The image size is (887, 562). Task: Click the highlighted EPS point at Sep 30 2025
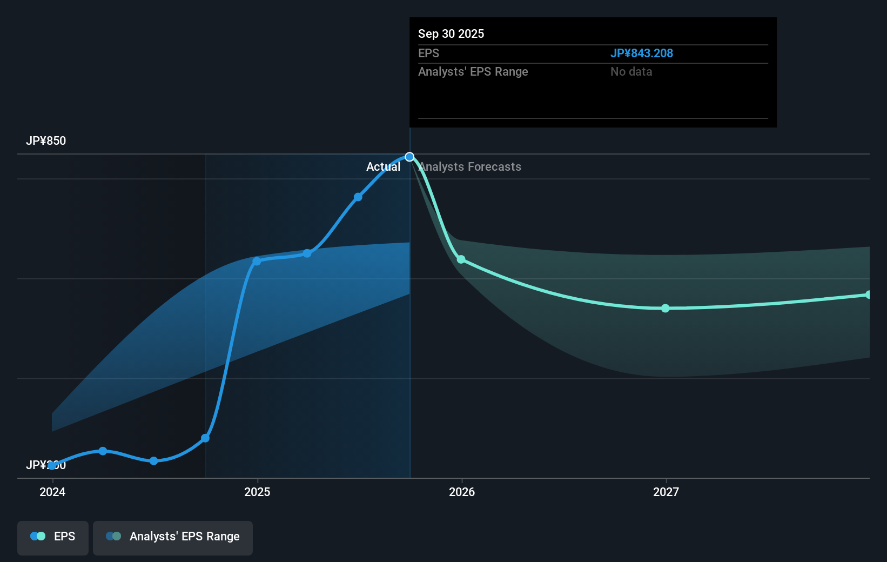tap(409, 157)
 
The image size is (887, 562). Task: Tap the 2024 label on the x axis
tap(52, 492)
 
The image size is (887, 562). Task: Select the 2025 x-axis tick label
tap(257, 492)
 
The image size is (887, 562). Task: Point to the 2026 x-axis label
tap(462, 492)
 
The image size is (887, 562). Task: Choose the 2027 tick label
tap(666, 492)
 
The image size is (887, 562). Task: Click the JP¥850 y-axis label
tap(46, 141)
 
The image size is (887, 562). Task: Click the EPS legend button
tap(53, 537)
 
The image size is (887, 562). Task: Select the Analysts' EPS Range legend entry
tap(173, 537)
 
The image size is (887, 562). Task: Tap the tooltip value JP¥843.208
tap(641, 53)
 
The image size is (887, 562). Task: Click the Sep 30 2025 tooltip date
tap(451, 34)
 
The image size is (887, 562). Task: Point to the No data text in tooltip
tap(631, 72)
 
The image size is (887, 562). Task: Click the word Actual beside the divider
tap(383, 167)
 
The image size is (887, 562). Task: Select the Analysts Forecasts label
tap(470, 167)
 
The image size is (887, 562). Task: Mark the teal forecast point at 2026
tap(461, 259)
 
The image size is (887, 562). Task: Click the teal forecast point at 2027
tap(666, 308)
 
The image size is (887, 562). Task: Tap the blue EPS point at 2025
tap(257, 261)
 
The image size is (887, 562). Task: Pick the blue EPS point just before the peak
tap(358, 197)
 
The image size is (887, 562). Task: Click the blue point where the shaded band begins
tap(205, 438)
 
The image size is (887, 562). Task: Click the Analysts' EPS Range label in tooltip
tap(473, 72)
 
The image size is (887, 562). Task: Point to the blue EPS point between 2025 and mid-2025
tap(307, 253)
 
